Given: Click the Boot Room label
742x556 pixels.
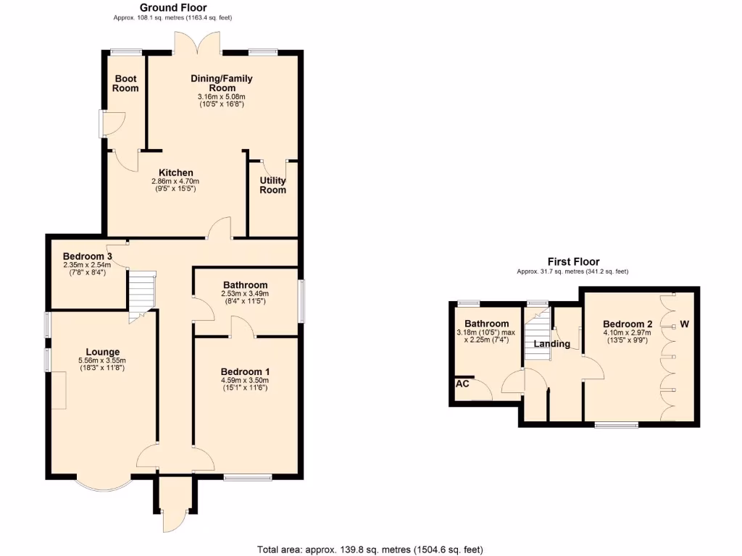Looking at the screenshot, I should [125, 83].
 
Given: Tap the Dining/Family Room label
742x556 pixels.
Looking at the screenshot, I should [221, 83].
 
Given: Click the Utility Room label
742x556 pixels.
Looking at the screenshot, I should [273, 185].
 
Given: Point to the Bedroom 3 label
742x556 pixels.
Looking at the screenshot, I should [87, 256].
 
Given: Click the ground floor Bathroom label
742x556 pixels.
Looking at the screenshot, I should [245, 285].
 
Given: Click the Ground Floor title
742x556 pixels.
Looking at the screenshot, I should [173, 8].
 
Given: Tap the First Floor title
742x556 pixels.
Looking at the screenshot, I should [572, 262].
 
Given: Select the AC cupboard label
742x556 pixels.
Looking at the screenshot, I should [462, 384].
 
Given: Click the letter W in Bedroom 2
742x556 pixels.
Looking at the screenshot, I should [683, 324].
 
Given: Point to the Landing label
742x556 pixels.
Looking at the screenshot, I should [552, 344].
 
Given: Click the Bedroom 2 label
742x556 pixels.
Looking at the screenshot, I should [623, 324].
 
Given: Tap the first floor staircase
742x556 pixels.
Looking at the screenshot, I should [537, 332].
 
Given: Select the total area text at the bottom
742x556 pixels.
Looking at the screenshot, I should [370, 549].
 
